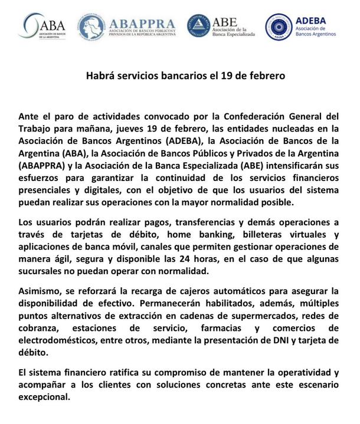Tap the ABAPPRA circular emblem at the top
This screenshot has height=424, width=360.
click(91, 27)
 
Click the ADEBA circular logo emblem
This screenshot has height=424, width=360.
click(278, 27)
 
